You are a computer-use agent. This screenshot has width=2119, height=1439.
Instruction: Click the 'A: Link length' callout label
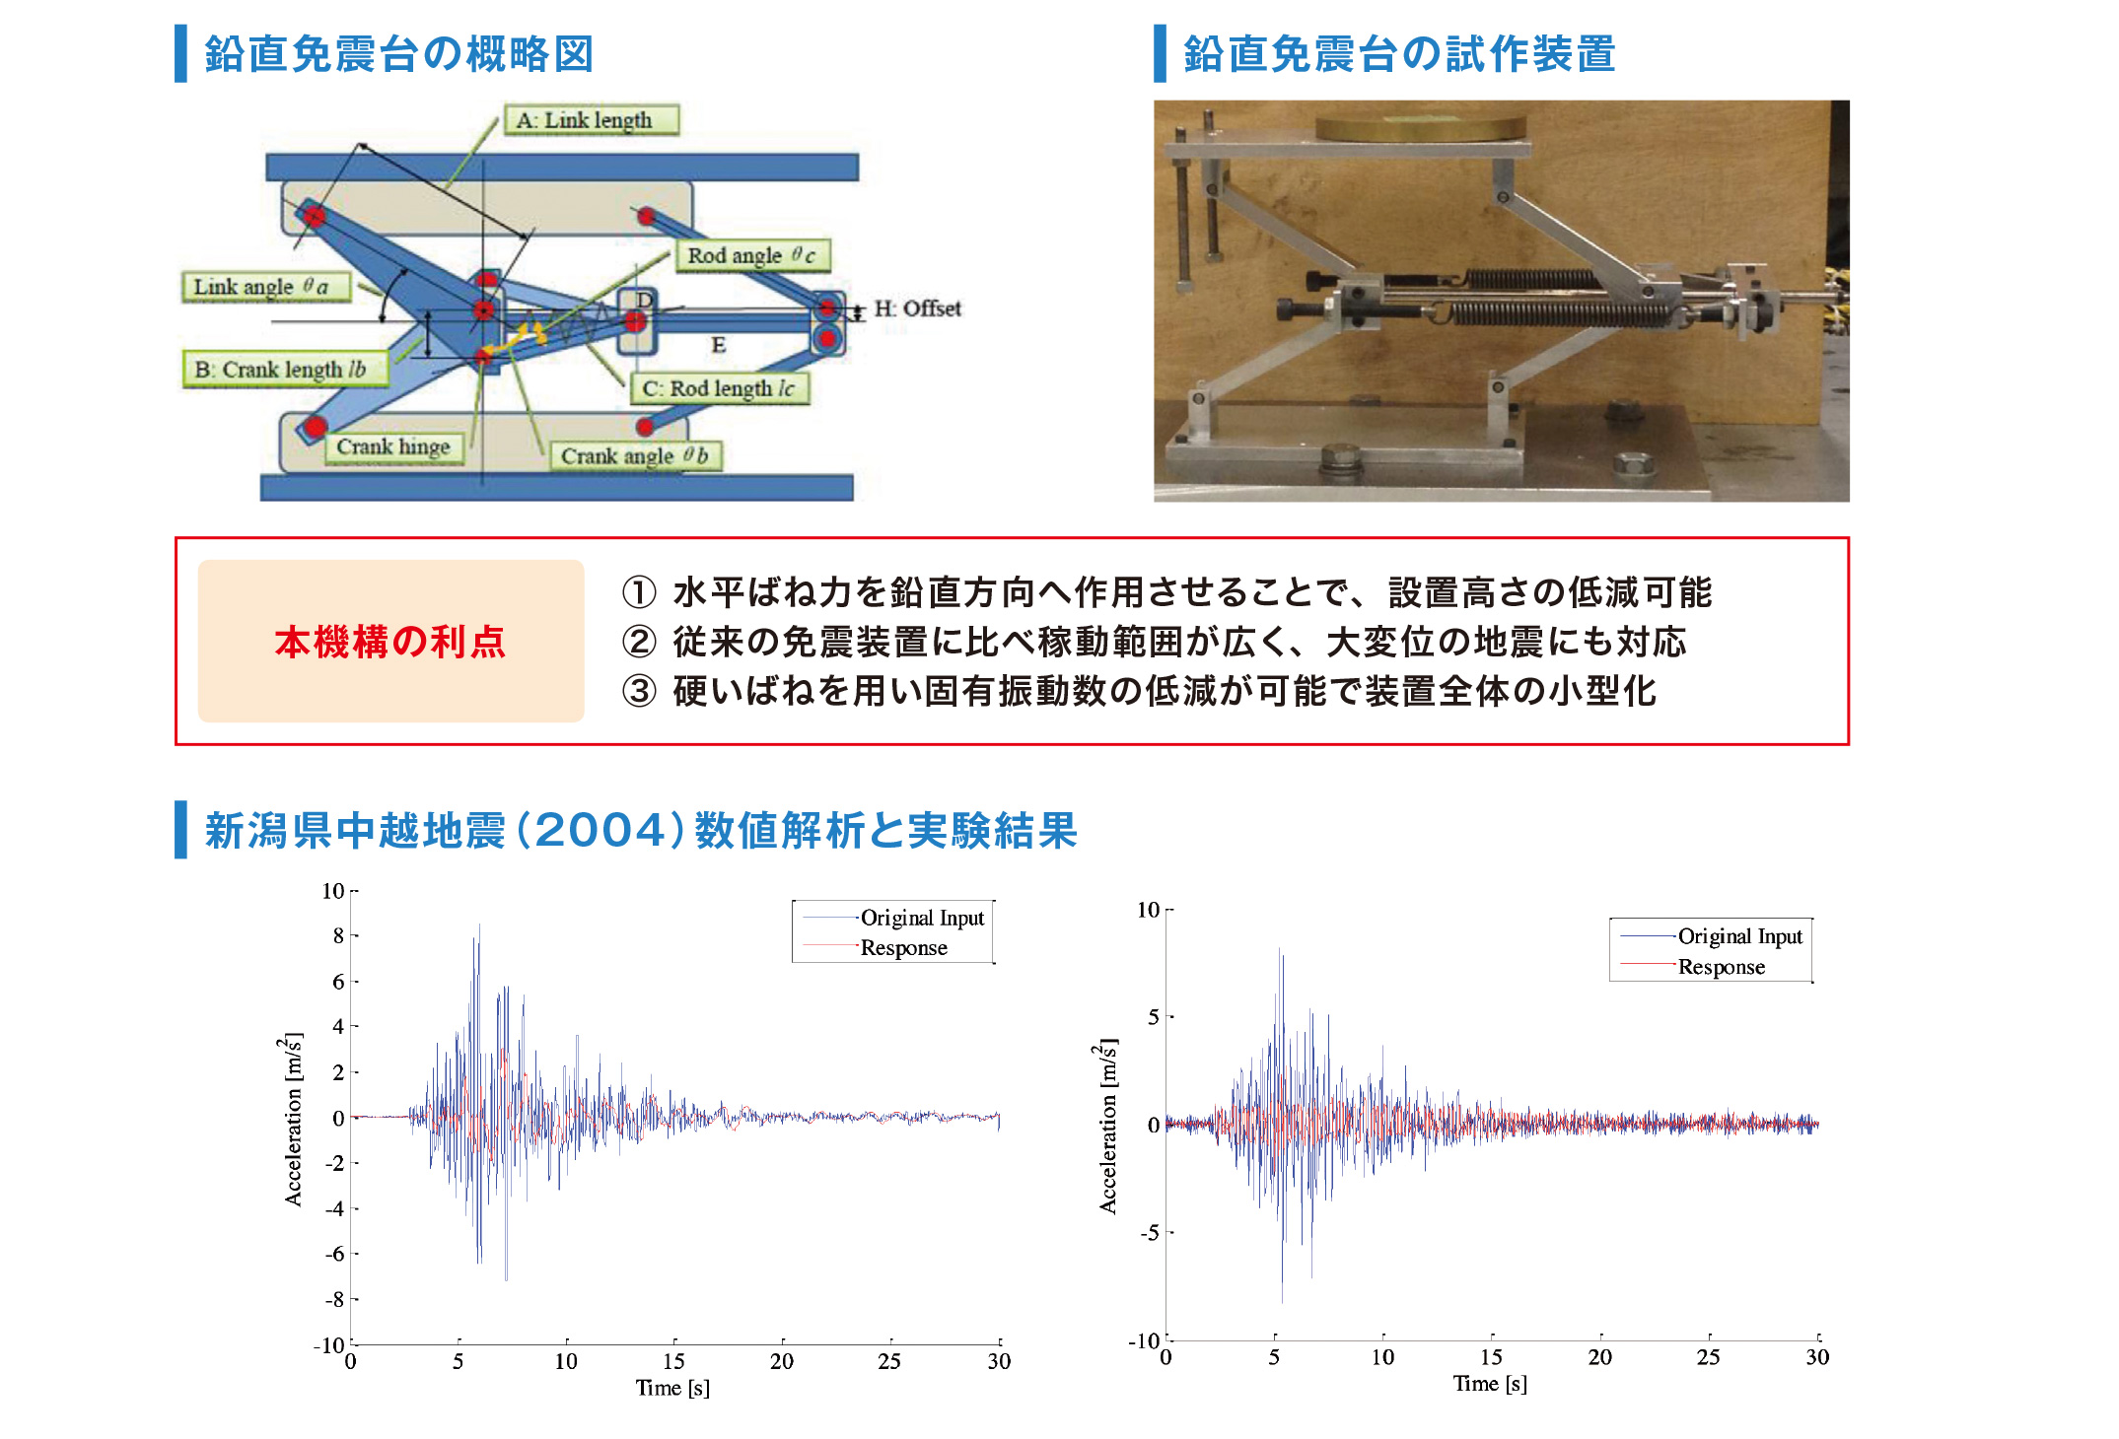[592, 120]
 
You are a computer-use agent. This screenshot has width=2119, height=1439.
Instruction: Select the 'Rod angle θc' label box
[752, 255]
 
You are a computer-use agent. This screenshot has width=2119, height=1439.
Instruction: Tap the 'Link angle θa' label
[266, 287]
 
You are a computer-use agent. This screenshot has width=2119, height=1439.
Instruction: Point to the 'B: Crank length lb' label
[285, 370]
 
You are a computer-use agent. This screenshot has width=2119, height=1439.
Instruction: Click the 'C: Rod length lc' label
[720, 388]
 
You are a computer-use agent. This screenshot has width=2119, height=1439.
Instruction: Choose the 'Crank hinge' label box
[393, 446]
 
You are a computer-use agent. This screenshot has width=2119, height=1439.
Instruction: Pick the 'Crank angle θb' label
[635, 455]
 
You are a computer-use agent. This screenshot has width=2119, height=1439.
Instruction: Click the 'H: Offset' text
[917, 308]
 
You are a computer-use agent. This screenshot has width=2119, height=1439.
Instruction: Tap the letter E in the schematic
[719, 345]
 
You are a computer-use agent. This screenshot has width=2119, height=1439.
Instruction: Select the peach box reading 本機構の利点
[390, 642]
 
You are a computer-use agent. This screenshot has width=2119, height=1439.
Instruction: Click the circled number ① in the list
[639, 592]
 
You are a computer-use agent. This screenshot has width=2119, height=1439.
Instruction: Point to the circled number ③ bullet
[639, 691]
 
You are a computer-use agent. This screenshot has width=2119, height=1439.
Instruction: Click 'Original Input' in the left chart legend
[922, 918]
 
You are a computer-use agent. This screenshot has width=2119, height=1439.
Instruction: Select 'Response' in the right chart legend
[1722, 967]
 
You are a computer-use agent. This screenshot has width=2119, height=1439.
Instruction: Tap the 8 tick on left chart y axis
[338, 935]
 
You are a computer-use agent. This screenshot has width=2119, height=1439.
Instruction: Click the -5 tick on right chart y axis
[1150, 1233]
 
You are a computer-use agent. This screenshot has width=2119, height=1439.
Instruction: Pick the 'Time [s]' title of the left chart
[672, 1388]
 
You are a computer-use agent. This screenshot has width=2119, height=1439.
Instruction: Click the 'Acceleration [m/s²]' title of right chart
[1108, 1126]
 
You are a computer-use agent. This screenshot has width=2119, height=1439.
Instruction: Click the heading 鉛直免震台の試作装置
[1398, 54]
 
